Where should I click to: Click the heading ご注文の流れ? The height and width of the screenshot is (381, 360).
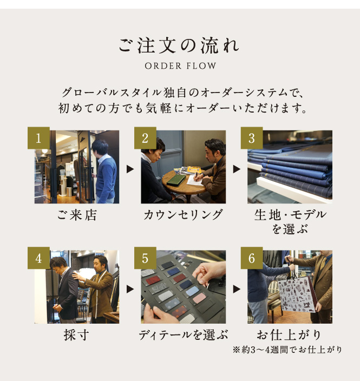click(x=179, y=45)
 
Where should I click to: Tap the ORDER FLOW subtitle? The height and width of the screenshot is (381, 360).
click(x=180, y=66)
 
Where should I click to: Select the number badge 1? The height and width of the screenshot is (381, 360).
click(x=38, y=138)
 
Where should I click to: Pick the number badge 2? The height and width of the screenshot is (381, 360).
click(x=145, y=138)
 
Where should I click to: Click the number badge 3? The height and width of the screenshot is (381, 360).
click(x=252, y=138)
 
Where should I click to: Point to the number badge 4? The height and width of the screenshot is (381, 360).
click(x=38, y=258)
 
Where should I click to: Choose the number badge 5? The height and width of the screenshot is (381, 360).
click(x=145, y=258)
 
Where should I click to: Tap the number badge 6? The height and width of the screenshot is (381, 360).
click(x=252, y=258)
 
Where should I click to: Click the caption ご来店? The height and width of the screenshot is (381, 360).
click(x=77, y=215)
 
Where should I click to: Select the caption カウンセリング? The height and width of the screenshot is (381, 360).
click(x=183, y=215)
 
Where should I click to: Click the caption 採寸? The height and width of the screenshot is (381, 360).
click(x=76, y=335)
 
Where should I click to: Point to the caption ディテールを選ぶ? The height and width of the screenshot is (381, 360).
click(x=184, y=335)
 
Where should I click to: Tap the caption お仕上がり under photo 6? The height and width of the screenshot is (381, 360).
click(x=289, y=335)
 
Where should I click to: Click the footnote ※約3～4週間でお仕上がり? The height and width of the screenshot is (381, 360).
click(x=287, y=350)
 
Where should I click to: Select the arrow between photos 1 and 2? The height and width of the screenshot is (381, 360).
click(x=130, y=169)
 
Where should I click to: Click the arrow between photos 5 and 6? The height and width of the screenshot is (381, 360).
click(x=237, y=289)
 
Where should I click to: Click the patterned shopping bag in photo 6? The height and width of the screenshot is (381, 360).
click(x=298, y=295)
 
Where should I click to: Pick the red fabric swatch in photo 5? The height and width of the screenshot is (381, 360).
click(x=153, y=279)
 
